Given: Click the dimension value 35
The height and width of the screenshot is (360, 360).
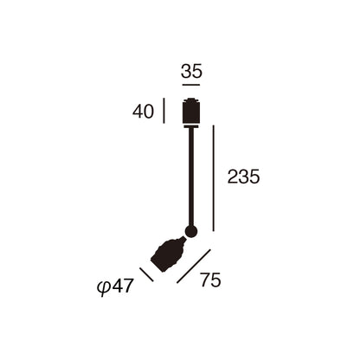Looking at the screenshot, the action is (191, 71).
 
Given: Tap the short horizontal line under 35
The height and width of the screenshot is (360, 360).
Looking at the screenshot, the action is (191, 85).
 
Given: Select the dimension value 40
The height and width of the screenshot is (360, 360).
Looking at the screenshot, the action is (143, 112).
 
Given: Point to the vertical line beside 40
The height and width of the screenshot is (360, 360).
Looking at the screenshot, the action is (164, 111).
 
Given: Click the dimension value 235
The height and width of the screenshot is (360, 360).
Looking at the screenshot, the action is (244, 177).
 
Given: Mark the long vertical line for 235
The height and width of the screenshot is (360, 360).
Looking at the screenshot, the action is (214, 178).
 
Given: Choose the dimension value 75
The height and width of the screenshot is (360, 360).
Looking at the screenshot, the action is (211, 280).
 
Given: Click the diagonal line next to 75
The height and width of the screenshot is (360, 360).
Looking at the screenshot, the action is (194, 267).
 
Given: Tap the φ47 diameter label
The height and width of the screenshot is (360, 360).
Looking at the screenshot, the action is (115, 286).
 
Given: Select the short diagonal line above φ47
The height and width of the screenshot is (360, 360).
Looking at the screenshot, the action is (146, 274).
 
